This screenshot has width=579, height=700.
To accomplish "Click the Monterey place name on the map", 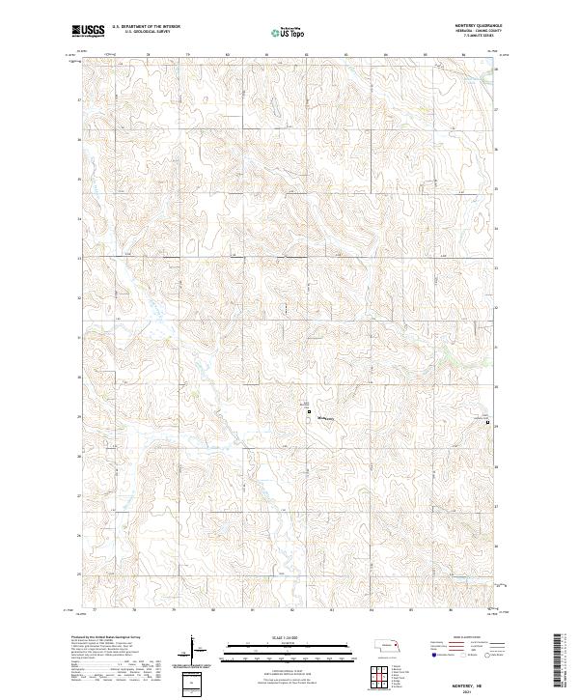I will coord(324,418).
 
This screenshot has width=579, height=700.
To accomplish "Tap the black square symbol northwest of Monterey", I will coord(308,413).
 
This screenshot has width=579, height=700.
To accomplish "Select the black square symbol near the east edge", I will coord(487,422).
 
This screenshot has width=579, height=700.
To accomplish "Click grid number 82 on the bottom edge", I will coord(292,611).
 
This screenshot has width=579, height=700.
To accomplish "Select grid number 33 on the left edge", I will coord(79,259).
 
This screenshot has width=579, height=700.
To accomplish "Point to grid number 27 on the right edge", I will coord(496,506).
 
